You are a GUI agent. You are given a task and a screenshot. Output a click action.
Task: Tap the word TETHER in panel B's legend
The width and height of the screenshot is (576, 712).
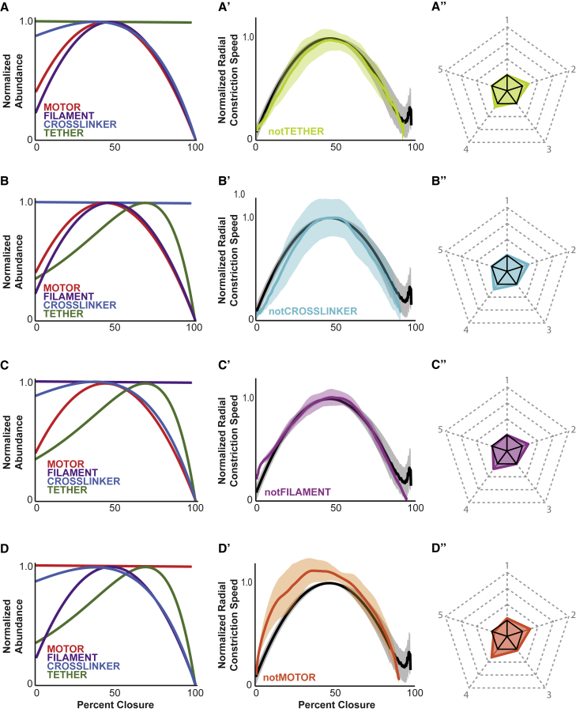(62, 314)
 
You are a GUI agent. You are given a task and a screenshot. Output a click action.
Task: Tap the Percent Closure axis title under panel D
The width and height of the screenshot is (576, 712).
(116, 703)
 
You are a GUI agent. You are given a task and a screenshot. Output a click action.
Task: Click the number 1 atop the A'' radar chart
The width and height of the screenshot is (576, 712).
(506, 17)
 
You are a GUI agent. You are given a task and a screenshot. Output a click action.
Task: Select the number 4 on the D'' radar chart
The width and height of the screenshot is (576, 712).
(468, 695)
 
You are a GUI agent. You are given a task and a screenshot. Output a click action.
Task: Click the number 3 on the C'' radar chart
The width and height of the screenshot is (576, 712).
(548, 511)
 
